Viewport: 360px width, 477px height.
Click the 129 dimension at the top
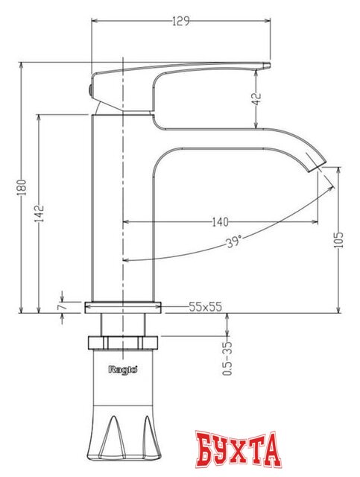click(x=180, y=21)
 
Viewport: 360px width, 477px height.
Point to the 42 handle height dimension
click(x=255, y=99)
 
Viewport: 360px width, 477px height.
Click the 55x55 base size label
click(x=206, y=306)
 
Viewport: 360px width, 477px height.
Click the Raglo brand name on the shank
click(x=121, y=367)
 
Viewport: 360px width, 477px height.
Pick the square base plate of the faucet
click(x=123, y=306)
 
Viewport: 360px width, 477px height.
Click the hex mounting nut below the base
click(x=123, y=343)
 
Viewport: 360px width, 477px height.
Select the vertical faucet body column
click(x=122, y=209)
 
